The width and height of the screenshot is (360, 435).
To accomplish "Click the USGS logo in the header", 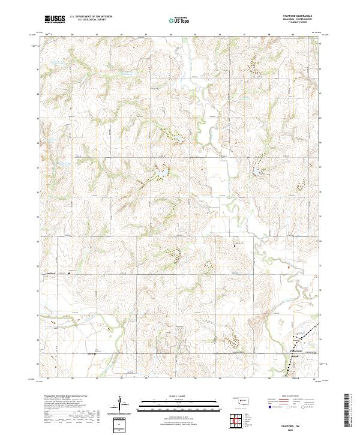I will tap(55, 19).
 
